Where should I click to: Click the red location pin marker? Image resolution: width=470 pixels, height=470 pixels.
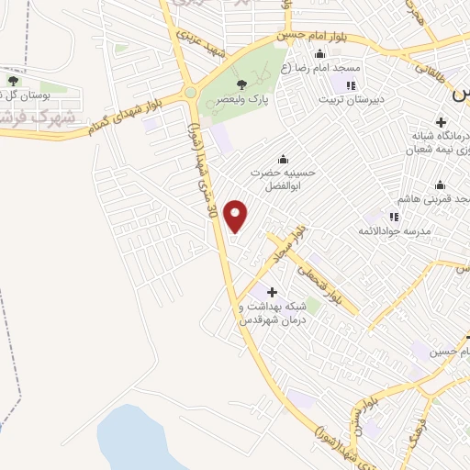[237, 217]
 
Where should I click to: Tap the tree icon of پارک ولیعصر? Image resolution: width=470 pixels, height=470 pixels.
[241, 84]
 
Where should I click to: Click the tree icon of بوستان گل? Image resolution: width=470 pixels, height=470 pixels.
[13, 80]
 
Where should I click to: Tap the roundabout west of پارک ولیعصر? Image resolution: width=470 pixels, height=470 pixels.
[191, 93]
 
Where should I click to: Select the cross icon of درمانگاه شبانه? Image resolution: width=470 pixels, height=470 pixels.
[441, 122]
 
